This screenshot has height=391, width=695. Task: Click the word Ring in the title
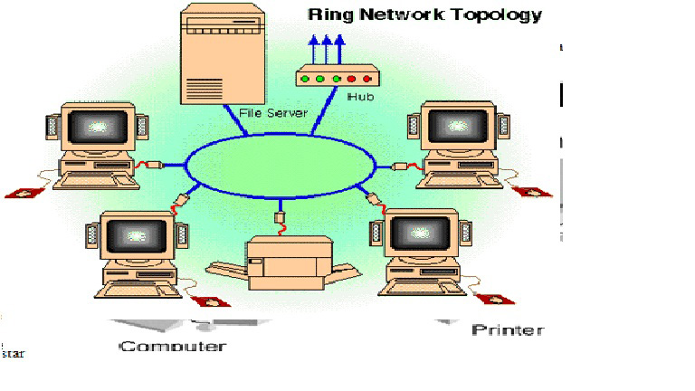(x=330, y=14)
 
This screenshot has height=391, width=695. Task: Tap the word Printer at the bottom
(x=509, y=330)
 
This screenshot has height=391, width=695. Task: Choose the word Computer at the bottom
(x=172, y=347)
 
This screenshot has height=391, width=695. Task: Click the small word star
(x=13, y=354)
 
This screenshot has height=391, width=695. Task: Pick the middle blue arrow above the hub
(x=328, y=50)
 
